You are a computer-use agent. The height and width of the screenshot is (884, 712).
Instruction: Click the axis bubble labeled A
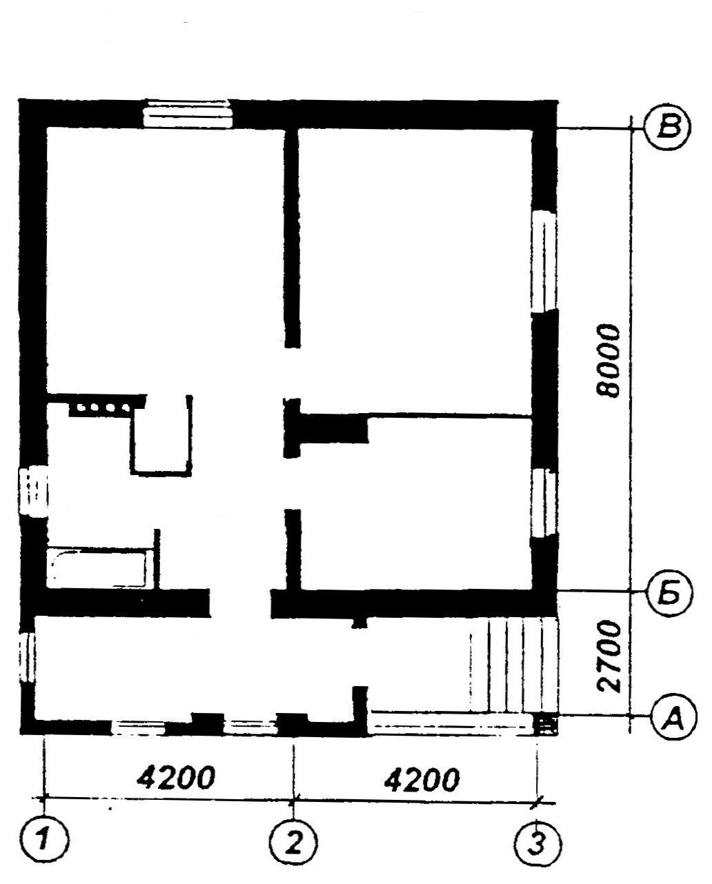pyautogui.click(x=674, y=717)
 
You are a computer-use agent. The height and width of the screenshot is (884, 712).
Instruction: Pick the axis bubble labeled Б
pyautogui.click(x=670, y=593)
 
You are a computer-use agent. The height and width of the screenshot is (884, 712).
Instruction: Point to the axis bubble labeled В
pyautogui.click(x=669, y=128)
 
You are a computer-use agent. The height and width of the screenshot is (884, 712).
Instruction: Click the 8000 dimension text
pyautogui.click(x=609, y=361)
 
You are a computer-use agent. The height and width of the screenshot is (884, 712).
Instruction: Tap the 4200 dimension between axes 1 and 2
pyautogui.click(x=176, y=777)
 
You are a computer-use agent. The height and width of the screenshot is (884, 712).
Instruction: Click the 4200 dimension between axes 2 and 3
pyautogui.click(x=422, y=779)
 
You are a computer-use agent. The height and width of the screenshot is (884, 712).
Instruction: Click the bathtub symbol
pyautogui.click(x=98, y=568)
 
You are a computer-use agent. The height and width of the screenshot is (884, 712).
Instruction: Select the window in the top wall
pyautogui.click(x=188, y=113)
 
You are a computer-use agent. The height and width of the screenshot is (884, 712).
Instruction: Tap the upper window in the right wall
pyautogui.click(x=544, y=261)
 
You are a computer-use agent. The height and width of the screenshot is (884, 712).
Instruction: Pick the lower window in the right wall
pyautogui.click(x=544, y=504)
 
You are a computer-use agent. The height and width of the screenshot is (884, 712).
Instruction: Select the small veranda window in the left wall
pyautogui.click(x=27, y=658)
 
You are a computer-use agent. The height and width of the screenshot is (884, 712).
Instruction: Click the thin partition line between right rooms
pyautogui.click(x=450, y=416)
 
